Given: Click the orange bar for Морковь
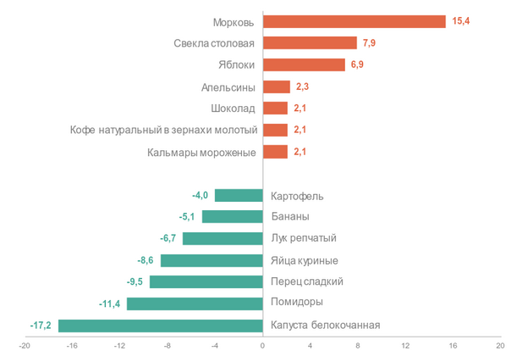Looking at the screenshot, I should pos(354,21).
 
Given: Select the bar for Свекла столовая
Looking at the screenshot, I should pos(310,43).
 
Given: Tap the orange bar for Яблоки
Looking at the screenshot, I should pos(304,64).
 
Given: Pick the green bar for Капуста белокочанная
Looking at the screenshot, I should pos(160,325).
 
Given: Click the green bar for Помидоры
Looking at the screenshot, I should pos(195,303).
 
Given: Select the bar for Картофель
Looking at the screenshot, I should pos(239,195).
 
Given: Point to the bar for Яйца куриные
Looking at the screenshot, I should pos(212,260).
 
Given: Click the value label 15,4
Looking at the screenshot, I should pos(461,21).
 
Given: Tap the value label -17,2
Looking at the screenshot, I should pos(40,325).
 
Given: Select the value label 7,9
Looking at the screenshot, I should pos(371,43).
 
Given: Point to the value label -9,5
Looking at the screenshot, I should pos(134,281).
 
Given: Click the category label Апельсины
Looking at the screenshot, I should pos(228,86).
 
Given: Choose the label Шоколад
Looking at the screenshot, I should pos(233,109).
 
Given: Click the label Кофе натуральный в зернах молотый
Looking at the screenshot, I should pos(163,130).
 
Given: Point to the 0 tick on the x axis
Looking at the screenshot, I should pos(262,346).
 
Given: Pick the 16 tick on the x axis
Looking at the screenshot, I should pos(453,346).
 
